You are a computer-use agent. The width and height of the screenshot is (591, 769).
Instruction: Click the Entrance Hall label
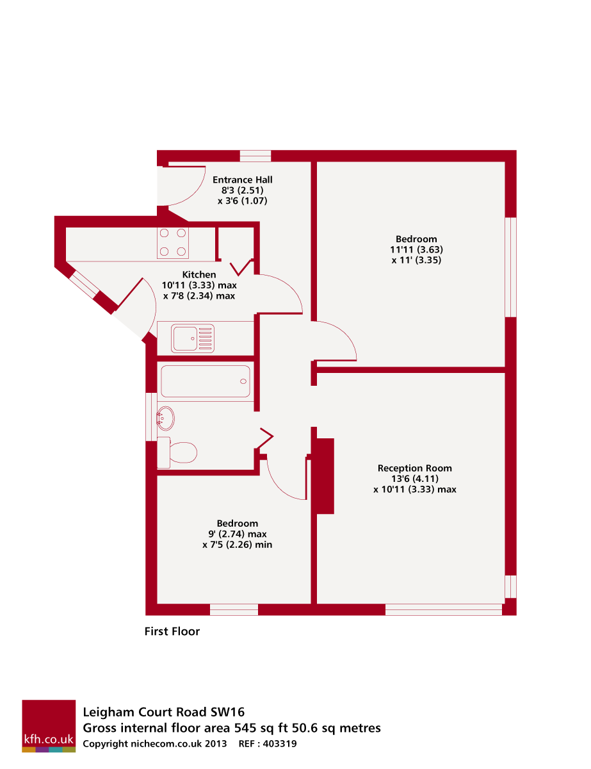pyautogui.click(x=242, y=179)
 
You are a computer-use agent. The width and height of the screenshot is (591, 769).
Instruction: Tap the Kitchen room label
pyautogui.click(x=198, y=274)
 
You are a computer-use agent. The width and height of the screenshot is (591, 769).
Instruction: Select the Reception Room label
pyautogui.click(x=414, y=468)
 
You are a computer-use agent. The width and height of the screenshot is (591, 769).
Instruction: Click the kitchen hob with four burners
pyautogui.click(x=172, y=242)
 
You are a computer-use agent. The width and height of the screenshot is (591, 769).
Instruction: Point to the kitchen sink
pyautogui.click(x=192, y=338)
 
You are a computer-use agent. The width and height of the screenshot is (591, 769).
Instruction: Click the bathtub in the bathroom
pyautogui.click(x=205, y=381)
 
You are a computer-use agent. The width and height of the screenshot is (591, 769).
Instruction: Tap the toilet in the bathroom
pyautogui.click(x=177, y=452)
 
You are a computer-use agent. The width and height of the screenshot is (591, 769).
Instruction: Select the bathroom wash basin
pyautogui.click(x=165, y=418)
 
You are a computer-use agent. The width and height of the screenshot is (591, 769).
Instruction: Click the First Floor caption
pyautogui.click(x=172, y=631)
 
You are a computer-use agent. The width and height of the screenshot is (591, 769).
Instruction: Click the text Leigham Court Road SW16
pyautogui.click(x=164, y=712)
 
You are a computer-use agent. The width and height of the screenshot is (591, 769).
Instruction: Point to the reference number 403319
pyautogui.click(x=280, y=743)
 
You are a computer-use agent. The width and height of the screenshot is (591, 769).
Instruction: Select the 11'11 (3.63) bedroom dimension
pyautogui.click(x=416, y=249)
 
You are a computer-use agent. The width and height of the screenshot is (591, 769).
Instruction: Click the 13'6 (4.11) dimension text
pyautogui.click(x=415, y=479)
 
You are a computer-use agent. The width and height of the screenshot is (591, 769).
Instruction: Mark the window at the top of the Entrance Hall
pyautogui.click(x=255, y=156)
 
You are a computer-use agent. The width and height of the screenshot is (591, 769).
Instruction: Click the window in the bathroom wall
pyautogui.click(x=151, y=417)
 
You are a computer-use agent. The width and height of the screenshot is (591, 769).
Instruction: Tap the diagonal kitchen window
pyautogui.click(x=84, y=285)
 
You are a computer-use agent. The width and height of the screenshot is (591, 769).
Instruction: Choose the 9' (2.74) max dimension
pyautogui.click(x=237, y=534)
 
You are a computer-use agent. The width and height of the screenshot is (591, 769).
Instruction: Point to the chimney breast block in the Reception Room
pyautogui.click(x=325, y=476)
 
